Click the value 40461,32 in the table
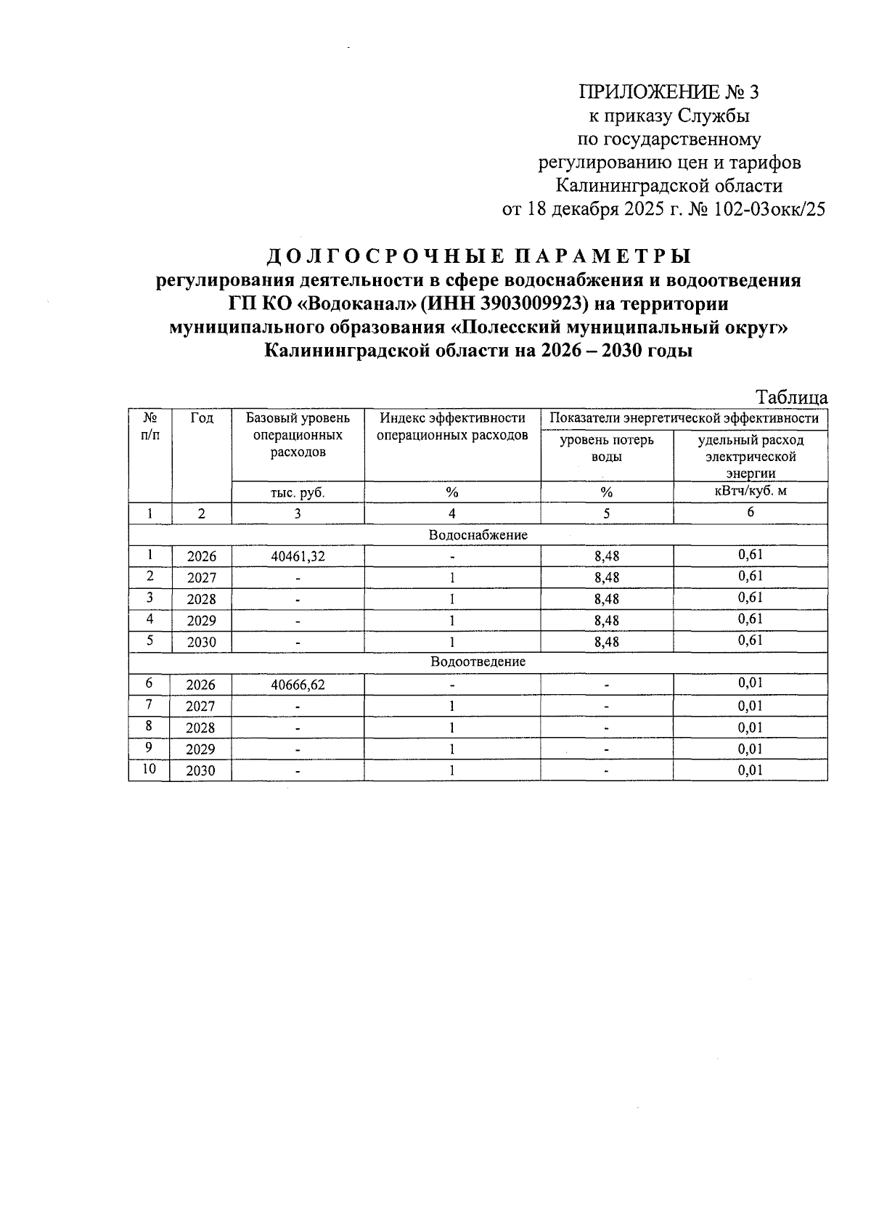[x=298, y=557]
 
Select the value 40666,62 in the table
[x=298, y=685]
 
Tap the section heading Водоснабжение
[x=478, y=535]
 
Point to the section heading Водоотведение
[x=478, y=662]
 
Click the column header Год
[x=202, y=418]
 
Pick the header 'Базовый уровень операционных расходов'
[x=298, y=435]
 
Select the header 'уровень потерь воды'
[x=606, y=448]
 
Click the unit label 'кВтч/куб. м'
[x=750, y=492]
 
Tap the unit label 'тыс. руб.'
[x=298, y=492]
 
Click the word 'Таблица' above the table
[x=791, y=398]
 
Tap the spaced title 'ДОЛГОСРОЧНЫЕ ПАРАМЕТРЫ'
[x=479, y=256]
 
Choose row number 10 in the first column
[x=150, y=769]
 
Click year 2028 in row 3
[x=201, y=600]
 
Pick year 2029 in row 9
[x=201, y=749]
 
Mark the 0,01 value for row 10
[x=750, y=770]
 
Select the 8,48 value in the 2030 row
[x=606, y=643]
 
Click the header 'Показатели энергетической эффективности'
[x=684, y=418]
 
